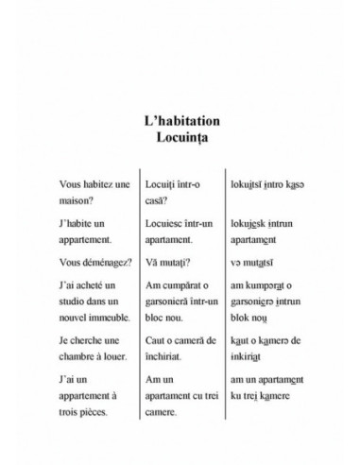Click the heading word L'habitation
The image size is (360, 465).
pos(179,122)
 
